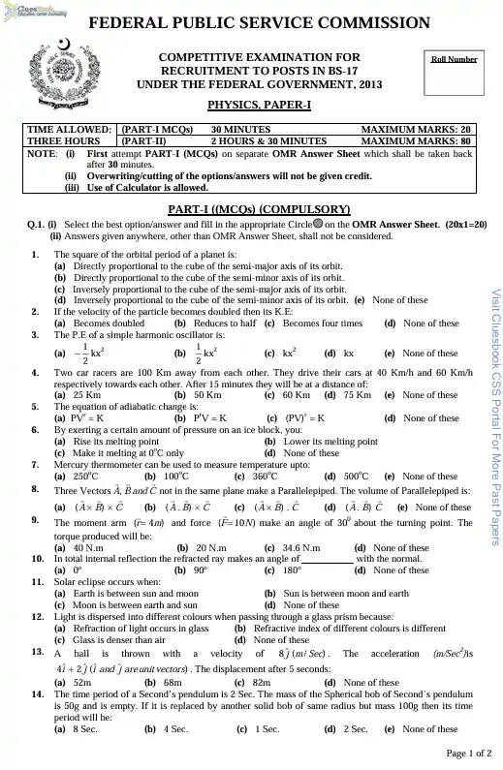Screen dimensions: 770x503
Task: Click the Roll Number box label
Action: point(454,59)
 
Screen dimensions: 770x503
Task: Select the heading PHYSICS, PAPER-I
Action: point(251,104)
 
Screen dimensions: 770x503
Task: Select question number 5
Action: point(36,406)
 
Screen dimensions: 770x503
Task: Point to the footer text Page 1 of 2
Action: point(469,754)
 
